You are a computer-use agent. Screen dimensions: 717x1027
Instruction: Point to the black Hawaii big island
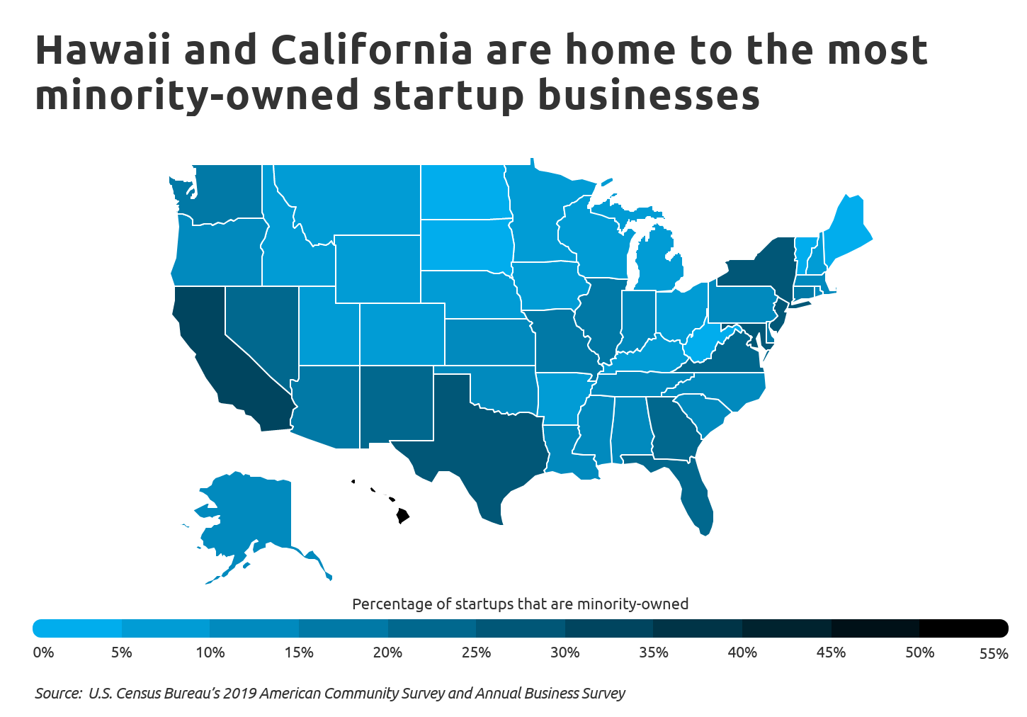click(402, 515)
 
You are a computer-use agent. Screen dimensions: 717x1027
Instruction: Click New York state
click(758, 269)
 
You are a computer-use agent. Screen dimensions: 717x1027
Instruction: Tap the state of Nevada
click(262, 326)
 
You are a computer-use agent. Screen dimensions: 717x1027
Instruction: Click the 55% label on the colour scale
click(993, 654)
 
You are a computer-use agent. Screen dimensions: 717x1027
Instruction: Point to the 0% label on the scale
click(43, 653)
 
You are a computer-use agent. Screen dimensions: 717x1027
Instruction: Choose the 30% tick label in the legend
click(564, 653)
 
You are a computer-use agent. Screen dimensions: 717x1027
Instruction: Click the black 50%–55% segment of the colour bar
click(963, 628)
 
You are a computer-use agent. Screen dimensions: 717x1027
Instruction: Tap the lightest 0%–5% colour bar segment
click(78, 628)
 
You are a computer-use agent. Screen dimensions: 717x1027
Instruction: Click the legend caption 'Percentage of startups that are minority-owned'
click(520, 604)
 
